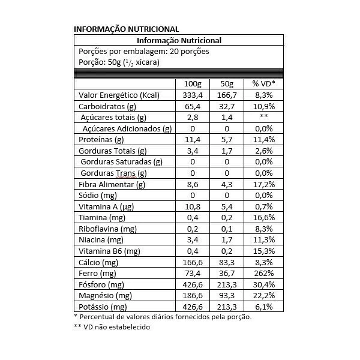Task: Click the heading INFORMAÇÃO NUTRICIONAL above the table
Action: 126,29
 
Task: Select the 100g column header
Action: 193,83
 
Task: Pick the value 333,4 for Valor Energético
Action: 193,95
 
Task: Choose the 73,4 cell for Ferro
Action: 193,273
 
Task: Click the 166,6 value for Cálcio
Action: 193,262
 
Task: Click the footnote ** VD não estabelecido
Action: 112,327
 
